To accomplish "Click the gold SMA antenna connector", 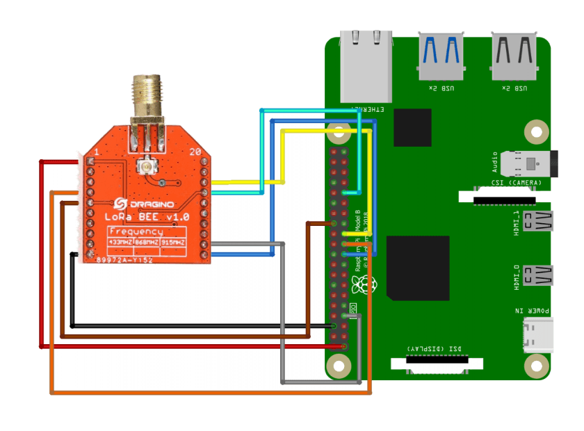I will tap(147, 104).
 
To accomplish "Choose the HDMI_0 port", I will tap(540, 276).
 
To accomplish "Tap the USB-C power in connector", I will tap(540, 334).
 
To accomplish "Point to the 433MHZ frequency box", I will tap(122, 242).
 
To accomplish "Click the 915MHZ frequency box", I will tap(173, 242).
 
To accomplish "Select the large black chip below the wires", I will tap(417, 268).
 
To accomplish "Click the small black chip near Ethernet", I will tap(412, 127).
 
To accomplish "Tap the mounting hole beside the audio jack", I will tap(536, 130).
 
